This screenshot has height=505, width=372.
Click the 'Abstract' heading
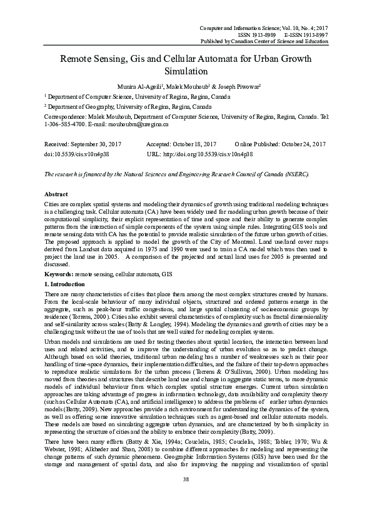coord(56,194)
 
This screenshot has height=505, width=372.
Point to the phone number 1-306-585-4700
coord(60,124)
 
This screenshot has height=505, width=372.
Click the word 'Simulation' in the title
coord(186,71)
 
